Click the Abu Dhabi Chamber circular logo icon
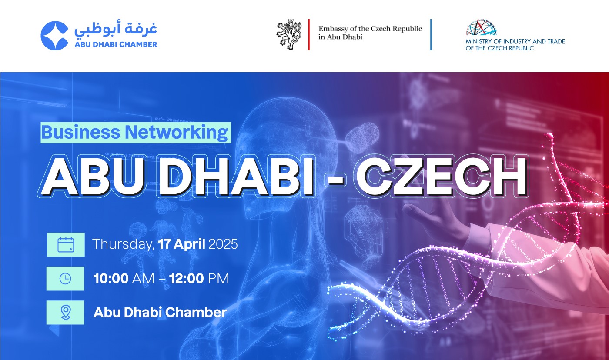54,36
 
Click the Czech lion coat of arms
289,34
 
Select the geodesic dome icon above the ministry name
481,27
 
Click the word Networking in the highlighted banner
177,133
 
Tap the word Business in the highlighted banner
81,132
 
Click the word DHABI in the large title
235,177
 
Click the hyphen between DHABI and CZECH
335,180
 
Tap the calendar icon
66,244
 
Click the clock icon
65,279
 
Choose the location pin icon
66,313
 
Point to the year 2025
223,244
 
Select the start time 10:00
111,279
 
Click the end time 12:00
187,279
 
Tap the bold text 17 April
181,244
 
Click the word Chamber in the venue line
196,313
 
